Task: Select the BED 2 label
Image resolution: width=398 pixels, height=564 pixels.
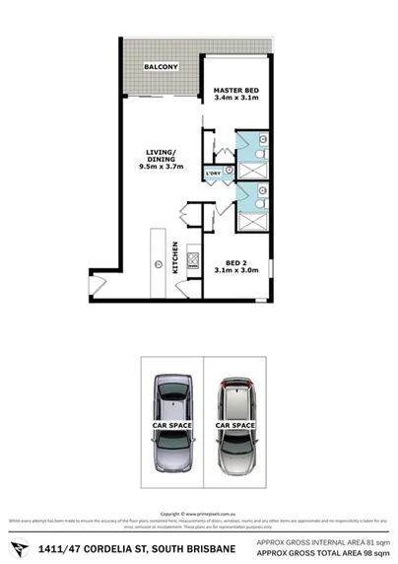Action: [234, 261]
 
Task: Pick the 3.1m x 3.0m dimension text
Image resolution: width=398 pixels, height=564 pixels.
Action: [234, 270]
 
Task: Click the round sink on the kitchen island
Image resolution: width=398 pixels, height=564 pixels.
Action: [158, 263]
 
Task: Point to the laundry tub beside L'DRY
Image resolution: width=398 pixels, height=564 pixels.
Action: [229, 170]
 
